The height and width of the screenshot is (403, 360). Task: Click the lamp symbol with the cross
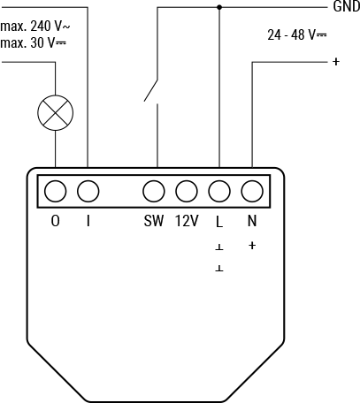[55, 112]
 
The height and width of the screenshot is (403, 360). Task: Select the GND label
[345, 7]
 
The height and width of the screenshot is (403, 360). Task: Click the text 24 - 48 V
[295, 36]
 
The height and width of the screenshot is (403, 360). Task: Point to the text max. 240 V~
[35, 27]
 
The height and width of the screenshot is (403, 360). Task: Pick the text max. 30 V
[34, 43]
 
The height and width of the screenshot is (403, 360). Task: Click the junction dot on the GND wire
[219, 7]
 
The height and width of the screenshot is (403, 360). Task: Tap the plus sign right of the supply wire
[336, 62]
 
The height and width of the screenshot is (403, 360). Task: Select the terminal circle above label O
[56, 191]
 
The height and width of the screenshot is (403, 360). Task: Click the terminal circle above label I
[88, 191]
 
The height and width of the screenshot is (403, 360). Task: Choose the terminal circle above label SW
[154, 191]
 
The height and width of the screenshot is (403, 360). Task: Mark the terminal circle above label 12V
[186, 191]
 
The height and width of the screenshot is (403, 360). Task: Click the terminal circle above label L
[218, 191]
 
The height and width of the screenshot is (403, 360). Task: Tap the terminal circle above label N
[251, 191]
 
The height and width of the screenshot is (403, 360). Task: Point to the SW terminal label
[154, 221]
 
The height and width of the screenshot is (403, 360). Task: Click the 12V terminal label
[186, 221]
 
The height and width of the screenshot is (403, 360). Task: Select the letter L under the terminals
[219, 221]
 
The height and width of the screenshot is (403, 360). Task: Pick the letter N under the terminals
[251, 221]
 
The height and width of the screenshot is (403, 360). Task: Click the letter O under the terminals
[56, 221]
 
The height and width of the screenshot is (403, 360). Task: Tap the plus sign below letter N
[252, 245]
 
